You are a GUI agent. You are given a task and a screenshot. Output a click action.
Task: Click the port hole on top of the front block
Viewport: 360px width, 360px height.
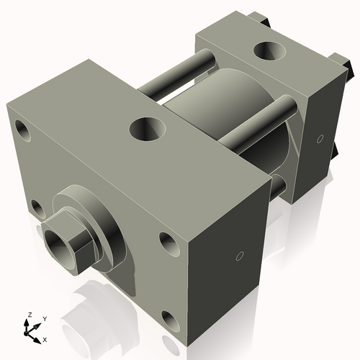point(148,130)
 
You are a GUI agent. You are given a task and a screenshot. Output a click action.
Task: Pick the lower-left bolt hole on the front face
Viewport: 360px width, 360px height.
point(37,209)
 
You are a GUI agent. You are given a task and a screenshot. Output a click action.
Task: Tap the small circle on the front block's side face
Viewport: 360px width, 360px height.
point(240,254)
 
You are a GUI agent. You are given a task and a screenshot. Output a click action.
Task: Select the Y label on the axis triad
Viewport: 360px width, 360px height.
point(44,318)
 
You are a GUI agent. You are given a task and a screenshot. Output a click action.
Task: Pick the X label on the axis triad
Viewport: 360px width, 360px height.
point(45,338)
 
